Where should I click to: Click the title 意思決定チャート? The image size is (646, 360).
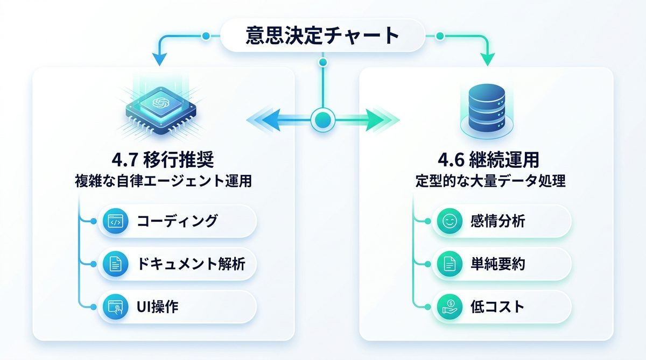coord(322,36)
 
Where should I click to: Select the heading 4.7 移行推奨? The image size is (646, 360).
coord(163,160)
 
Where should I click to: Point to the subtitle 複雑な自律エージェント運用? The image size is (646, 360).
coord(163,181)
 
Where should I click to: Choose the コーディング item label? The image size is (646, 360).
coord(177,221)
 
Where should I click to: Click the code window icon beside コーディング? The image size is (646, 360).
coord(114,221)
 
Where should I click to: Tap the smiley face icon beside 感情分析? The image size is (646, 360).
coord(448,221)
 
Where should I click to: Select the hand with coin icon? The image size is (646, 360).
coord(448,307)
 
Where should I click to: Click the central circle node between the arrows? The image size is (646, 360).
coord(323,117)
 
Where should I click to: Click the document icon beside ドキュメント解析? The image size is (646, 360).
coord(114,264)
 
